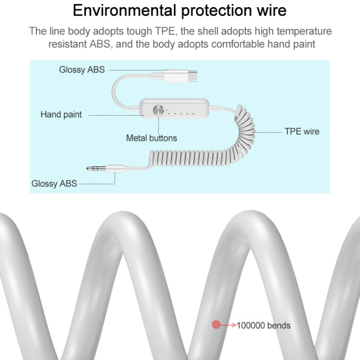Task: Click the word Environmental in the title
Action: click(125, 11)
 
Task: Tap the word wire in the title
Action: click(272, 11)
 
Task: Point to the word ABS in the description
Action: click(100, 44)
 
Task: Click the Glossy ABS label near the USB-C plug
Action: click(82, 70)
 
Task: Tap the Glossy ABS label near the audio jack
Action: click(54, 183)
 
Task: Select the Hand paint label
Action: click(61, 114)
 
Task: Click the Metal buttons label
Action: click(152, 138)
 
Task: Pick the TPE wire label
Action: click(302, 132)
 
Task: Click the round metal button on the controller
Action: click(158, 110)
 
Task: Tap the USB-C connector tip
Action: click(192, 76)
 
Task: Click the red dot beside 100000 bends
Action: click(216, 324)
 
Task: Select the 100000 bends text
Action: click(264, 325)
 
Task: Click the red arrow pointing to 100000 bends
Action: click(228, 325)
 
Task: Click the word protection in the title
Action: click(216, 11)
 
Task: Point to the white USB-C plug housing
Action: click(176, 76)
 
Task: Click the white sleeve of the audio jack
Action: click(115, 168)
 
